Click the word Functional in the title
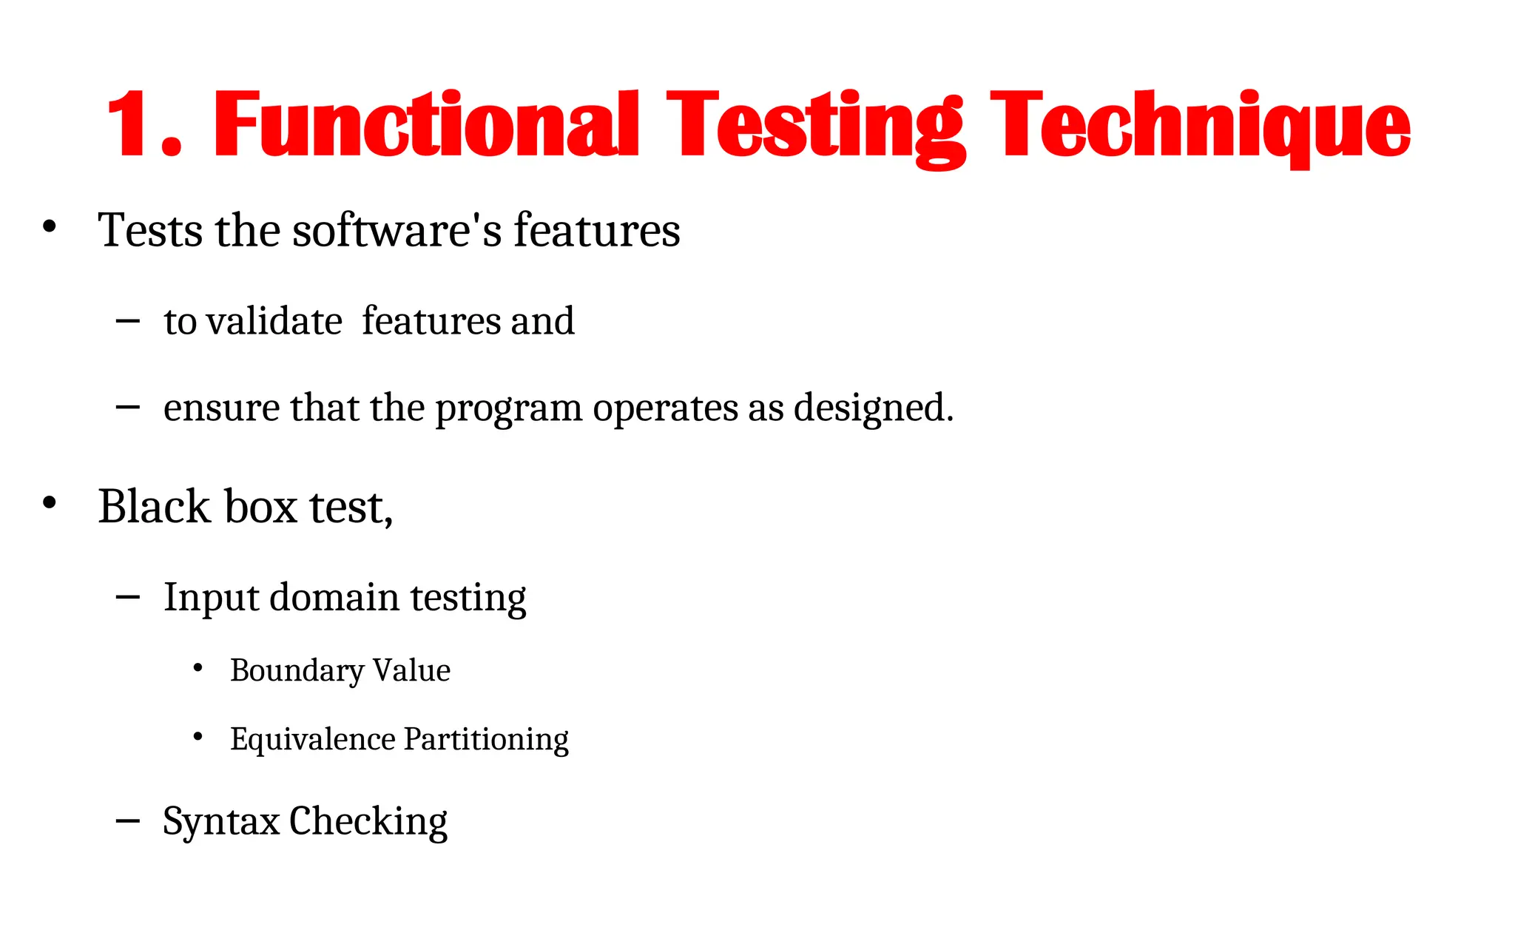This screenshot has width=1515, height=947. point(426,124)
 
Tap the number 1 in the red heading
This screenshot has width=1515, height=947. point(132,124)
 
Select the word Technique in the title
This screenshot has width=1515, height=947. point(1200,124)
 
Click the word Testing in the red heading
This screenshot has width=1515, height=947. point(816,124)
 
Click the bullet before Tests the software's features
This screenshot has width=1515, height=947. point(50,226)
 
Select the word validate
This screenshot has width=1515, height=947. point(274,322)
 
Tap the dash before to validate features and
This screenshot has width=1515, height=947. point(128,320)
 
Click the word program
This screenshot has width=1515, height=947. point(508,408)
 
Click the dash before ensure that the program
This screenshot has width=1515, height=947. point(128,407)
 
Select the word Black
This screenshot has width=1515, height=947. point(154,507)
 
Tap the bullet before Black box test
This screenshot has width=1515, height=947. point(50,503)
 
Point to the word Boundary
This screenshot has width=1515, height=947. point(297,671)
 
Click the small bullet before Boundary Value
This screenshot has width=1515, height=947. point(198,668)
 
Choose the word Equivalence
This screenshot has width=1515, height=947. point(312,739)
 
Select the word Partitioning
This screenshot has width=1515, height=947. point(486,739)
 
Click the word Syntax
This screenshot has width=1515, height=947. point(220,821)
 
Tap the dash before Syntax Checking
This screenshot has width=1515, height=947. point(128,820)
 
